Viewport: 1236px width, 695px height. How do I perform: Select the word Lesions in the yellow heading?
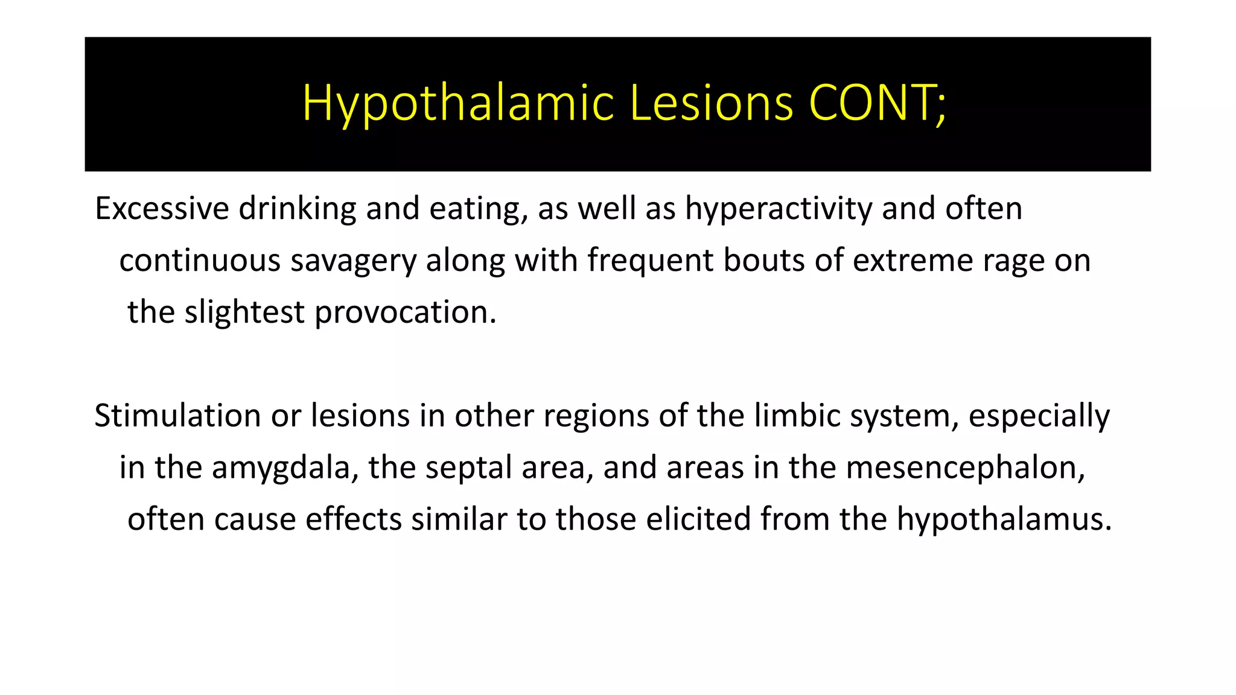(711, 104)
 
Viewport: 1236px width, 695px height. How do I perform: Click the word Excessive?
(162, 209)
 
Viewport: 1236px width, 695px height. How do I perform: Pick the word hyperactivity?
(779, 209)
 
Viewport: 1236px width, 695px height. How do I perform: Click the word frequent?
(650, 261)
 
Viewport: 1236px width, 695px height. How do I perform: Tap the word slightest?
(244, 313)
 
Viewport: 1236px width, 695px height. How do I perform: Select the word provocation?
(405, 313)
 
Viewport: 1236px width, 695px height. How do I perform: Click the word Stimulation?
(177, 416)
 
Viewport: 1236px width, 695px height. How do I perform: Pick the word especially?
(1039, 416)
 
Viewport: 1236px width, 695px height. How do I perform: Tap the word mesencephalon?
(965, 468)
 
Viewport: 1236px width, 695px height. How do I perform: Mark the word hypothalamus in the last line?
(1003, 519)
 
